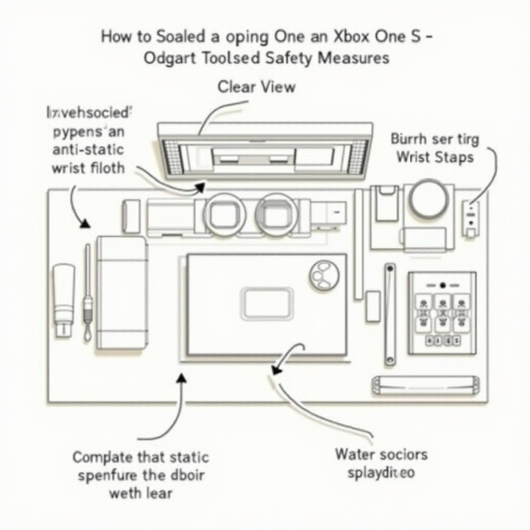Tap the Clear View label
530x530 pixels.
(x=256, y=86)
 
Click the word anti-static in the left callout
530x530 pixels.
(x=88, y=150)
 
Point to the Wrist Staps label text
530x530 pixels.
(x=435, y=157)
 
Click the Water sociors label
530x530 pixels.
(x=381, y=454)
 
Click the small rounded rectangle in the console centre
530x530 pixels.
(x=267, y=304)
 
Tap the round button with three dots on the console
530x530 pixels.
(x=325, y=274)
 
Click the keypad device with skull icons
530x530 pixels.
(x=441, y=314)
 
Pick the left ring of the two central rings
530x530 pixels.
(x=224, y=214)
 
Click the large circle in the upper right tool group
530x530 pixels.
(x=430, y=199)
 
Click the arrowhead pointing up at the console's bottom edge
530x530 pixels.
(x=181, y=379)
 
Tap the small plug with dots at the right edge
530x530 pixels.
(x=470, y=218)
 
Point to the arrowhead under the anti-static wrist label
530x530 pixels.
(x=83, y=223)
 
